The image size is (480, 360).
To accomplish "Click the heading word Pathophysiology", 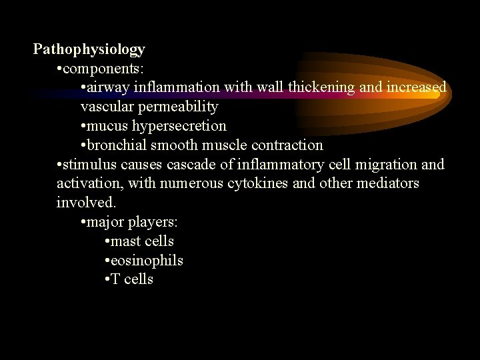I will pyautogui.click(x=89, y=49).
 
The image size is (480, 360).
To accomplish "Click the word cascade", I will pyautogui.click(x=194, y=164).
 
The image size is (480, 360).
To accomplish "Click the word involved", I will pyautogui.click(x=86, y=202).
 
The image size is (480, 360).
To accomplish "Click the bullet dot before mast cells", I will pyautogui.click(x=107, y=241).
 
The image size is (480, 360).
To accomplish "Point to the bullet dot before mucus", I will pyautogui.click(x=83, y=126).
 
